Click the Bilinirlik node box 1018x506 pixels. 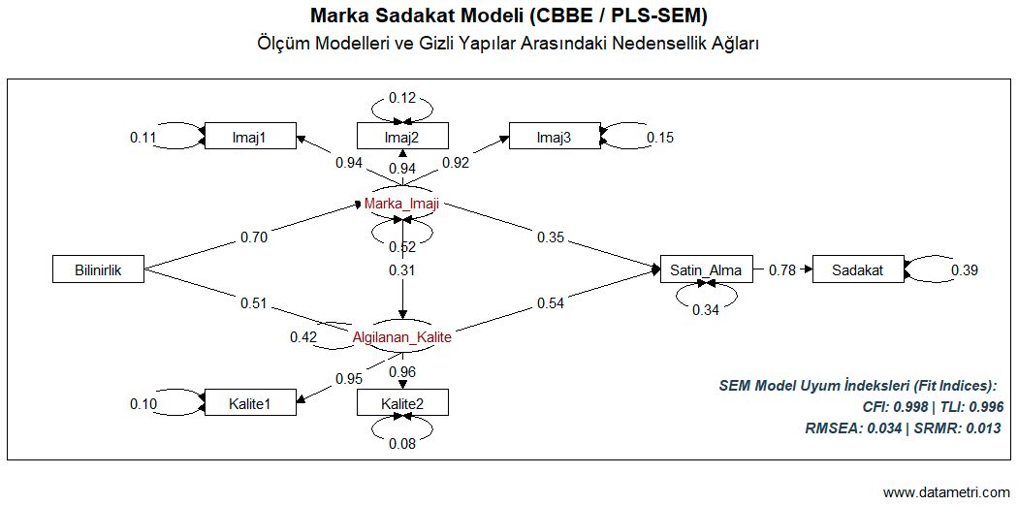98,270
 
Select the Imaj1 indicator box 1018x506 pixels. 249,138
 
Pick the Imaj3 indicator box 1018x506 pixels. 555,138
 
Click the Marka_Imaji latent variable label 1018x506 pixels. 402,204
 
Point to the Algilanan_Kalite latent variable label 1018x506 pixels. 402,337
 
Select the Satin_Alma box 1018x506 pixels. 705,270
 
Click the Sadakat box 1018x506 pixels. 857,270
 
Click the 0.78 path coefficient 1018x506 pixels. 782,270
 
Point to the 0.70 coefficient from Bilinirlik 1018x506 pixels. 254,237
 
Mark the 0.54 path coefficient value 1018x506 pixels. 551,304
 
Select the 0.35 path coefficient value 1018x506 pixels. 551,237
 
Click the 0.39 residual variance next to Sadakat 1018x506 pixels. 964,270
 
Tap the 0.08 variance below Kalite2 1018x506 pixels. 402,444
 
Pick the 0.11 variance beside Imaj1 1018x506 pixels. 143,138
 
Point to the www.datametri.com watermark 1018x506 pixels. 946,491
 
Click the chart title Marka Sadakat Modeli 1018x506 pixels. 508,16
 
